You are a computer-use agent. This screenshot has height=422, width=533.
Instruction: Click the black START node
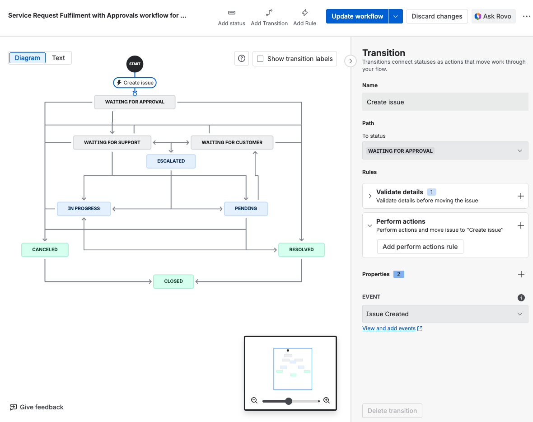pyautogui.click(x=135, y=64)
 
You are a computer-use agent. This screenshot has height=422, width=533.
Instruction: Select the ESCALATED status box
pyautogui.click(x=171, y=161)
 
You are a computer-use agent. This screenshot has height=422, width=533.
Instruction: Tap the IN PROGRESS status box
pyautogui.click(x=84, y=209)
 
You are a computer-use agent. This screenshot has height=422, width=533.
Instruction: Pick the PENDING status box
pyautogui.click(x=246, y=209)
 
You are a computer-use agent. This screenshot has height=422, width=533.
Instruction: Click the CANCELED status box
pyautogui.click(x=45, y=250)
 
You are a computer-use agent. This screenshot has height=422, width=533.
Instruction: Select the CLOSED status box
pyautogui.click(x=173, y=281)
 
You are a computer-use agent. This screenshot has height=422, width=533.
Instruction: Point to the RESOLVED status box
pyautogui.click(x=301, y=250)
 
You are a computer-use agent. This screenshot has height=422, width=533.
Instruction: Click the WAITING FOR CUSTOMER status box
pyautogui.click(x=232, y=142)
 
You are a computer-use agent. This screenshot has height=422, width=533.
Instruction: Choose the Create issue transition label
pyautogui.click(x=135, y=83)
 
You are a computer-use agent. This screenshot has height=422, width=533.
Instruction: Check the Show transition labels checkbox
pyautogui.click(x=260, y=59)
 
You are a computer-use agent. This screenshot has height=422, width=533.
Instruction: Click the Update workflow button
pyautogui.click(x=357, y=16)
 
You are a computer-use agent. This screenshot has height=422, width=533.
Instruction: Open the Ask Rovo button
pyautogui.click(x=493, y=16)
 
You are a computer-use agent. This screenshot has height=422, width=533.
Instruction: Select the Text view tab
pyautogui.click(x=58, y=58)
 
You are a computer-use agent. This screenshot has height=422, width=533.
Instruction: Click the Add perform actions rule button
pyautogui.click(x=420, y=247)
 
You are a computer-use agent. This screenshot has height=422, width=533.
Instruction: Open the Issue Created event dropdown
pyautogui.click(x=445, y=314)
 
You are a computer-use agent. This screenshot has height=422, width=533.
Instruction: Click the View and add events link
pyautogui.click(x=389, y=328)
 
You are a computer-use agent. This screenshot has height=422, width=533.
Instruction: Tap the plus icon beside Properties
pyautogui.click(x=521, y=274)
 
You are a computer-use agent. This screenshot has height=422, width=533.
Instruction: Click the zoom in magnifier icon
pyautogui.click(x=327, y=401)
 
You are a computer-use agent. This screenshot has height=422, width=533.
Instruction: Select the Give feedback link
pyautogui.click(x=37, y=407)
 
